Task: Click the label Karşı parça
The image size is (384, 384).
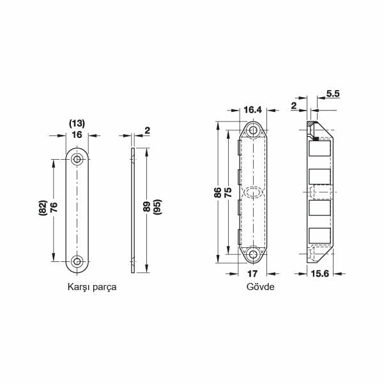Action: pos(92,287)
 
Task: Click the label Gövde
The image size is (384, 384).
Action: pos(260,287)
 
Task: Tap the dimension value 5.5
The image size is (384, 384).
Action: pos(332,93)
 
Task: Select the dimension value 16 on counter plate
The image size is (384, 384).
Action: pos(77,135)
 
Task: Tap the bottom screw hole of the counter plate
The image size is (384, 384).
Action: pos(77,260)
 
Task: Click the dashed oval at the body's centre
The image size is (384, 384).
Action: pos(253,192)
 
